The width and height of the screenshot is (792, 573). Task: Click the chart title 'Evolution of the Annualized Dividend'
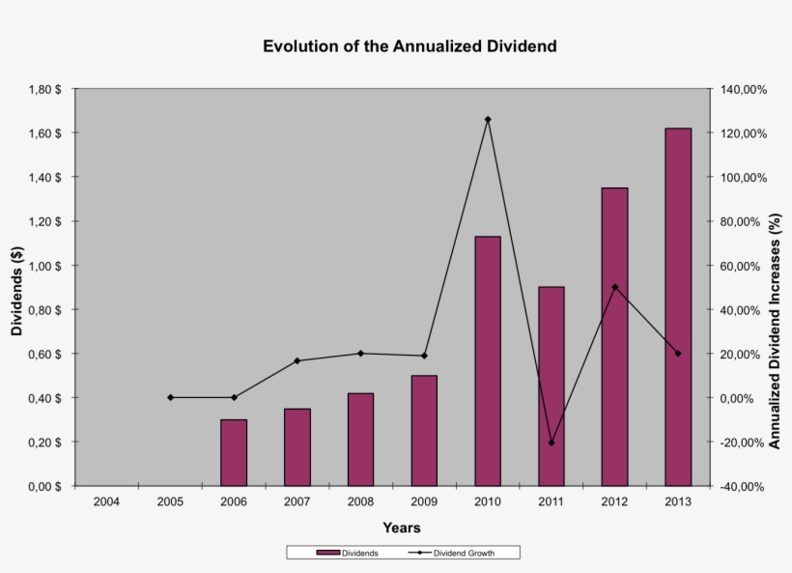tap(410, 46)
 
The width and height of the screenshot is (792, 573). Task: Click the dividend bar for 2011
tap(551, 386)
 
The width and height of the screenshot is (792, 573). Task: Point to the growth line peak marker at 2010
tap(488, 119)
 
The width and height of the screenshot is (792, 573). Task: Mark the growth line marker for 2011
tap(552, 443)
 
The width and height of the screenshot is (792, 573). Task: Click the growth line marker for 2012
tap(615, 287)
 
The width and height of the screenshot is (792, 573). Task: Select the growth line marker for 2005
tap(170, 397)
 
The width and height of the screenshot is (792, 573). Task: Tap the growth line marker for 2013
tap(678, 354)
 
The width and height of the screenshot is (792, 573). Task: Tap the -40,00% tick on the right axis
tap(742, 486)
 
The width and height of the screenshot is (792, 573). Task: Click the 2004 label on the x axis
tap(106, 502)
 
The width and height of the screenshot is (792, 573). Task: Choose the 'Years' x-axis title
tap(401, 528)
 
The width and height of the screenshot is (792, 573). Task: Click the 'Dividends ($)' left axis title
tap(17, 288)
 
